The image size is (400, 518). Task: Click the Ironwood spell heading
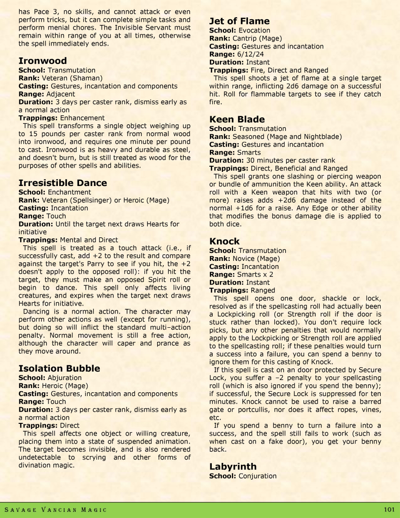point(42,61)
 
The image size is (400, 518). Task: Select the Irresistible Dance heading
point(63,183)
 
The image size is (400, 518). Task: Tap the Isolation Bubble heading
point(59,368)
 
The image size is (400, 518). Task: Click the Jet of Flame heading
point(239,21)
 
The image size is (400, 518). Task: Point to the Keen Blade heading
point(237,119)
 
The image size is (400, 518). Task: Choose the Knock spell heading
point(224,241)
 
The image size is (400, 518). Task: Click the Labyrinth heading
point(232,467)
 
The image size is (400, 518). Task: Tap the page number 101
point(388,510)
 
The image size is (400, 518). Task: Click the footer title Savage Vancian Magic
point(56,510)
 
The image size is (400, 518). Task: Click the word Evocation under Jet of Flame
point(254,31)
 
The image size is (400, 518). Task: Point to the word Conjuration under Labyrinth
point(257,476)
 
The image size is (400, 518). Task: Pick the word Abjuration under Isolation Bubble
point(64,378)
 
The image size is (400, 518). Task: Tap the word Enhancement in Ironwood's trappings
point(82,118)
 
